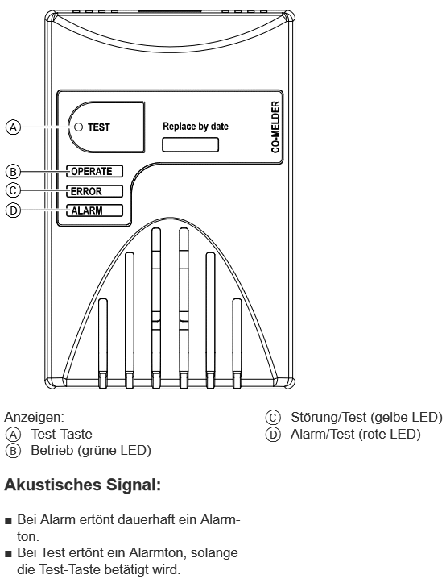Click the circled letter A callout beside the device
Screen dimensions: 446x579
[13, 127]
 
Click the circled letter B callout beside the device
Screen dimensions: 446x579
[13, 172]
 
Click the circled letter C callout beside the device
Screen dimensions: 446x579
[13, 190]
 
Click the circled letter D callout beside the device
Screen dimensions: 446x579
[13, 210]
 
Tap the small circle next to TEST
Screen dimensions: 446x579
[79, 127]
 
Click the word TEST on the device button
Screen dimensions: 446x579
[99, 127]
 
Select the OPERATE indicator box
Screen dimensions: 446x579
[94, 171]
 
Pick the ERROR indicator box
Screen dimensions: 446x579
[94, 191]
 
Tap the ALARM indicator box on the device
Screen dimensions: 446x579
[94, 210]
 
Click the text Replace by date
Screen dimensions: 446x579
[196, 127]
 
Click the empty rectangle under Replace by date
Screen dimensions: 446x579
[190, 145]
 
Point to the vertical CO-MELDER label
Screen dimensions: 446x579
[275, 127]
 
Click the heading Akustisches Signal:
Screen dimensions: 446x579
[83, 485]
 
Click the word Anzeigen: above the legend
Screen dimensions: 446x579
[34, 418]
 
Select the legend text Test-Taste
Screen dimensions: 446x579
[61, 434]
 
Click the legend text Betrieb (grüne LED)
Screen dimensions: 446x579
[91, 451]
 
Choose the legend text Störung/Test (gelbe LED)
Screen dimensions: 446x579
[366, 417]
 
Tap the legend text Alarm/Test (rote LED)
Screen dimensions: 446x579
[355, 434]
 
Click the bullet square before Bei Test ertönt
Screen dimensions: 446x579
[9, 554]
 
